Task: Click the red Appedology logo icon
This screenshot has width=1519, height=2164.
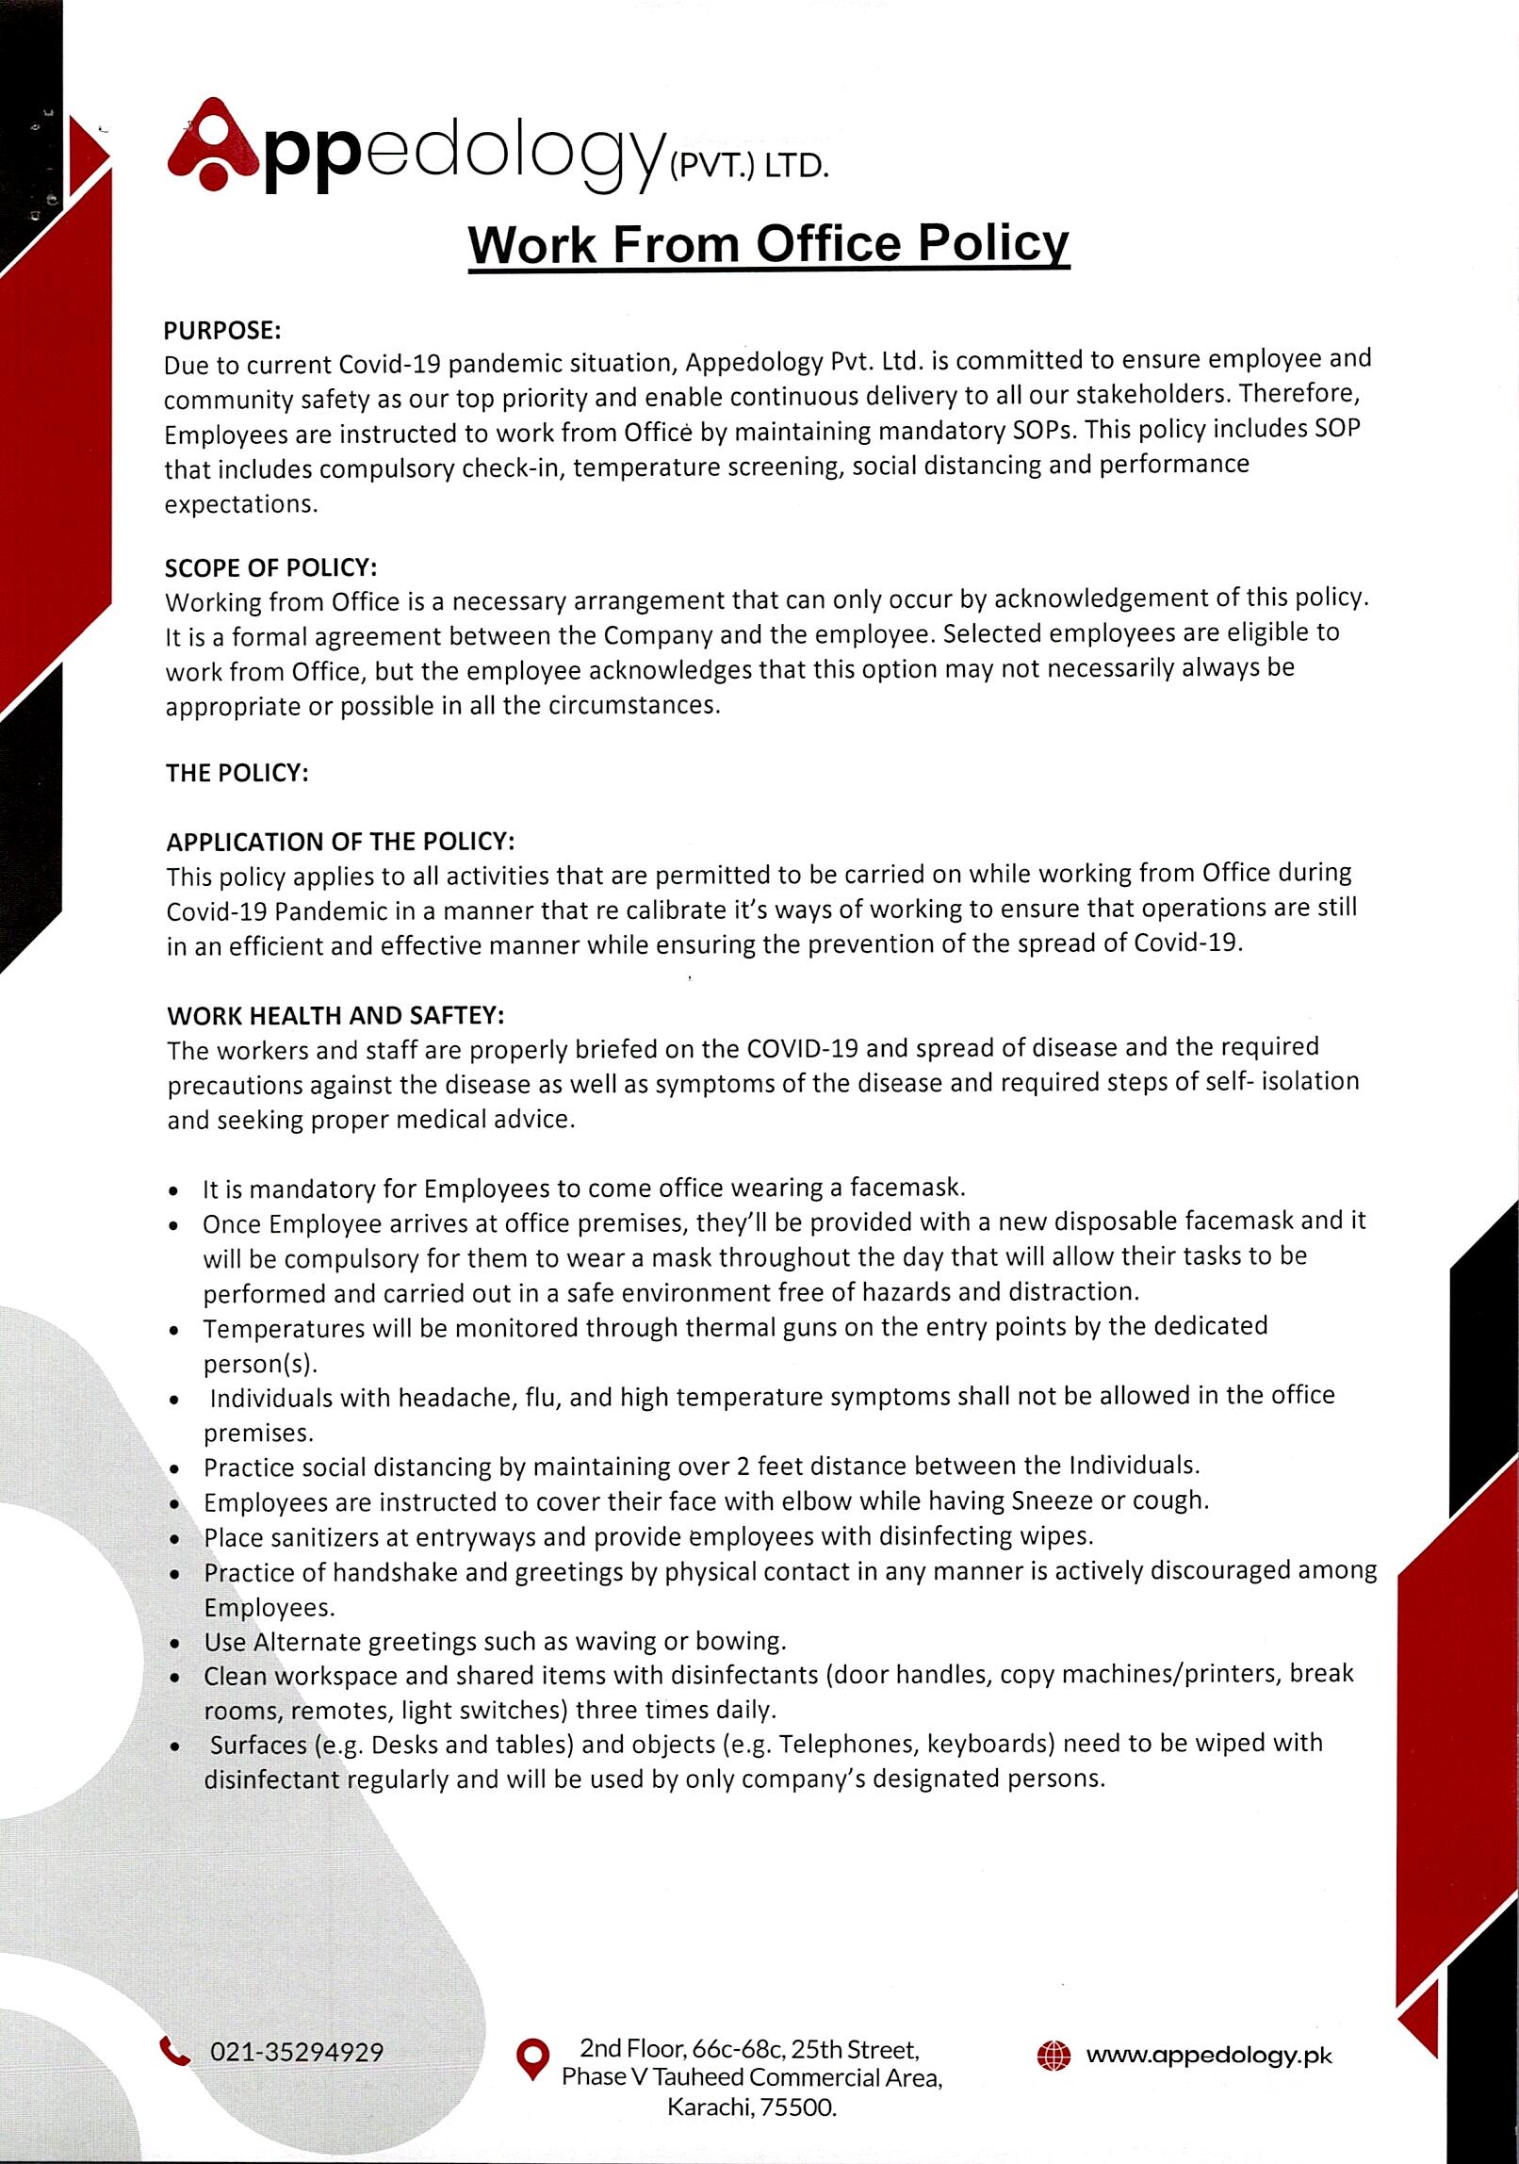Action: point(213,145)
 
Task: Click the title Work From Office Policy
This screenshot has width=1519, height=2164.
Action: point(769,243)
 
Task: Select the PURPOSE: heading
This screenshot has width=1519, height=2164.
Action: point(222,331)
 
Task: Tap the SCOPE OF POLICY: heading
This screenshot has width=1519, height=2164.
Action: point(271,567)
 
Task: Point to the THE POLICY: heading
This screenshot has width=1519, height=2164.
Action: point(237,773)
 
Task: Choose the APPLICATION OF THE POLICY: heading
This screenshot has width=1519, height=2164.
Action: point(340,841)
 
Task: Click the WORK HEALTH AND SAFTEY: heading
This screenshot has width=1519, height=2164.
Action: point(335,1015)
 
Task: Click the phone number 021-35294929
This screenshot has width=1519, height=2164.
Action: point(297,2052)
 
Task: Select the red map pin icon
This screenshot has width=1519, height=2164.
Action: point(533,2058)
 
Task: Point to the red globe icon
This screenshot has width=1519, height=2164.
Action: point(1053,2055)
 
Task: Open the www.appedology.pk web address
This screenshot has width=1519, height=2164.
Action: point(1209,2055)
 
